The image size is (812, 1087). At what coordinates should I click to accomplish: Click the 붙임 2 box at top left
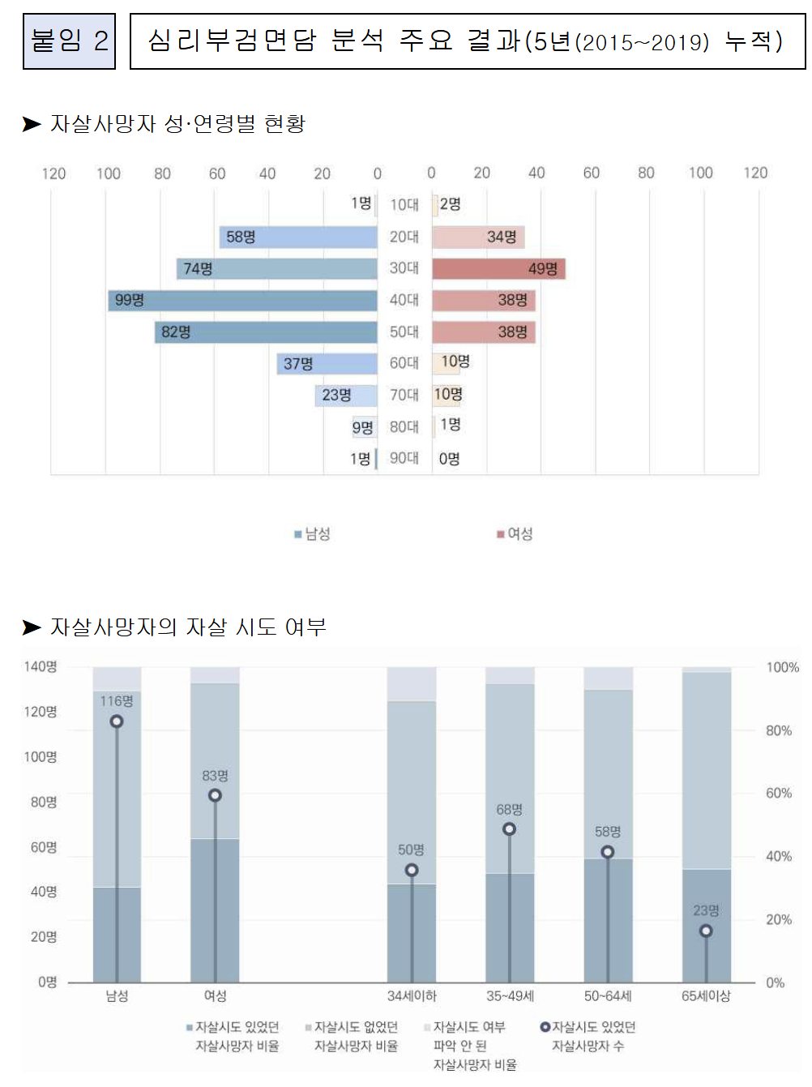point(69,41)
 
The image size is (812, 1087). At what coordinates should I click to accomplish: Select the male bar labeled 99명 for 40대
point(243,301)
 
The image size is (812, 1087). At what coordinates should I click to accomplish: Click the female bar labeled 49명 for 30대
point(498,268)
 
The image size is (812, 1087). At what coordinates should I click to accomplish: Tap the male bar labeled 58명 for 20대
point(298,237)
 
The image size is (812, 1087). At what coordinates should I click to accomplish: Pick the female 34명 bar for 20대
point(478,237)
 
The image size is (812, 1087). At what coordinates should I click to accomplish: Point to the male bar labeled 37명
point(327,364)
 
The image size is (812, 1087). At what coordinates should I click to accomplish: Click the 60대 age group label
point(404,363)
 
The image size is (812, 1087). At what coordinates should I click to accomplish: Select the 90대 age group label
point(404,458)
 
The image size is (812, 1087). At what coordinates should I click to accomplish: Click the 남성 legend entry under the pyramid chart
point(312,533)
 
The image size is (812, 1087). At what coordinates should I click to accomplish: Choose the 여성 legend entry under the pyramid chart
point(515,533)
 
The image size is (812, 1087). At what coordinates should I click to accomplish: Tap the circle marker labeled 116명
point(117,721)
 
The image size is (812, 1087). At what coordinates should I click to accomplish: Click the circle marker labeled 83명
point(215,795)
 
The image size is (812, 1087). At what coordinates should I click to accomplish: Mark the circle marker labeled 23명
point(706,931)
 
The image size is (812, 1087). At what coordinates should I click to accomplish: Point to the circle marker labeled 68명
point(509,829)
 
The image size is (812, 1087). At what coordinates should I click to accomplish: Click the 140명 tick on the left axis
point(41,666)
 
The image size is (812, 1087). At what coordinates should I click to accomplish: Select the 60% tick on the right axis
point(779,793)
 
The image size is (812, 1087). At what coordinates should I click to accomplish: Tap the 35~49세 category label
point(510,995)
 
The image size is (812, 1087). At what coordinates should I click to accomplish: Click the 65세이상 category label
point(706,995)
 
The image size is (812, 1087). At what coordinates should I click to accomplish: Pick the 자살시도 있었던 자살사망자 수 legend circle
point(545,1027)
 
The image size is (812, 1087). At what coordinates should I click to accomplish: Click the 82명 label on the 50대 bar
point(176,332)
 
